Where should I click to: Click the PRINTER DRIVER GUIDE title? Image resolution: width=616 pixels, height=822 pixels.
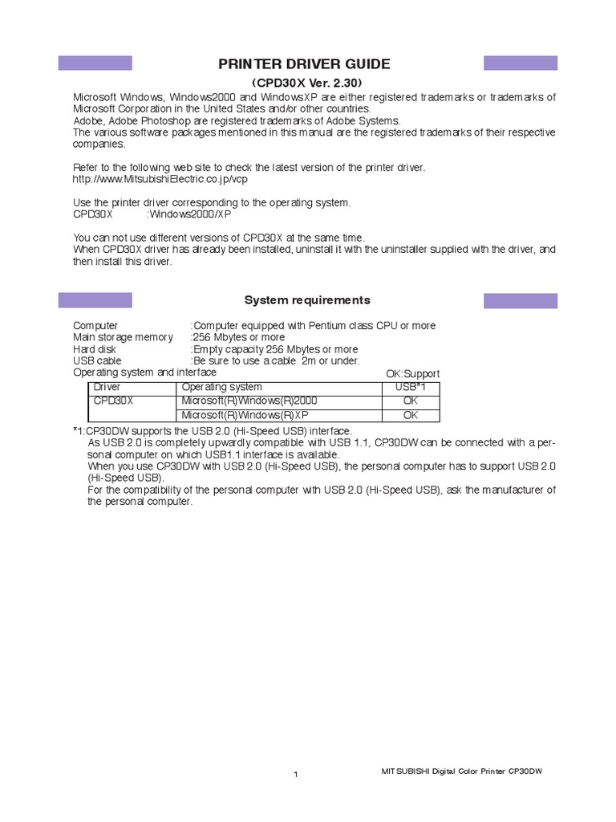tap(308, 64)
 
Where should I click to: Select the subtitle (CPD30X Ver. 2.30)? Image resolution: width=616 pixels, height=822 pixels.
tap(308, 83)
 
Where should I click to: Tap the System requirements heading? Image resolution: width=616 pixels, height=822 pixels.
tap(307, 300)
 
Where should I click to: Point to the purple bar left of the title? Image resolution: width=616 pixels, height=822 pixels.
tap(95, 63)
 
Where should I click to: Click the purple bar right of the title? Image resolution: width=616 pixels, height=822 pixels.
tap(520, 63)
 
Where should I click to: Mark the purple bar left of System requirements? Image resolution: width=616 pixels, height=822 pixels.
tap(95, 300)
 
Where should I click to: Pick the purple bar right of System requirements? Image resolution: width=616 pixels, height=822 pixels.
tap(520, 300)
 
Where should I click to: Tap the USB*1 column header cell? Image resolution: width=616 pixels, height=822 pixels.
tap(411, 387)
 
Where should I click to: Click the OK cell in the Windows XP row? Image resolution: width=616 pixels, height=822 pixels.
tap(411, 415)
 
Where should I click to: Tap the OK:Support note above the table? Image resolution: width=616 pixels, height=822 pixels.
tap(412, 374)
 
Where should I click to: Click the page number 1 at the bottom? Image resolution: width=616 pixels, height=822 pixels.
tap(296, 775)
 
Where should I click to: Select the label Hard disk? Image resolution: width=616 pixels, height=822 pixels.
tap(95, 349)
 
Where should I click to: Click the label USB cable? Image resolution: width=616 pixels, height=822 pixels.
tap(97, 360)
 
